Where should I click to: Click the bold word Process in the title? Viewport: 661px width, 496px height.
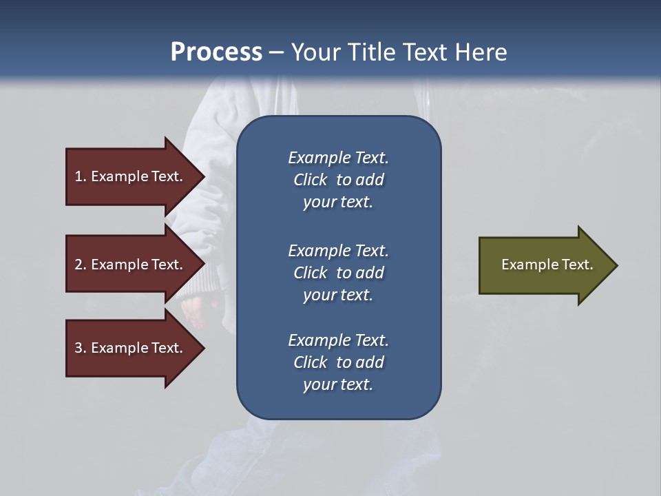(x=216, y=52)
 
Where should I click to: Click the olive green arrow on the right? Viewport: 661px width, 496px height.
(x=544, y=265)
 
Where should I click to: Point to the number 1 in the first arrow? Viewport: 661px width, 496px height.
(x=78, y=176)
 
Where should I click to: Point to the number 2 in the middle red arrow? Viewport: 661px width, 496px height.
(x=78, y=265)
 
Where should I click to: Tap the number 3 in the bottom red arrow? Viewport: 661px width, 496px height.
(x=78, y=348)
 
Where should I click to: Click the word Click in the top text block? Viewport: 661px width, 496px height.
(x=310, y=180)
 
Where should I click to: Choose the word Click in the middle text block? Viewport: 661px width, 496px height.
(x=310, y=273)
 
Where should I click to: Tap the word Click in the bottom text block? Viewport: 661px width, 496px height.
(x=310, y=362)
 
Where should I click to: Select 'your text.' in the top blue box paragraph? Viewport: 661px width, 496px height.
(x=338, y=202)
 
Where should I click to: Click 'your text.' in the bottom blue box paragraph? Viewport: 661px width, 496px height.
(x=338, y=384)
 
